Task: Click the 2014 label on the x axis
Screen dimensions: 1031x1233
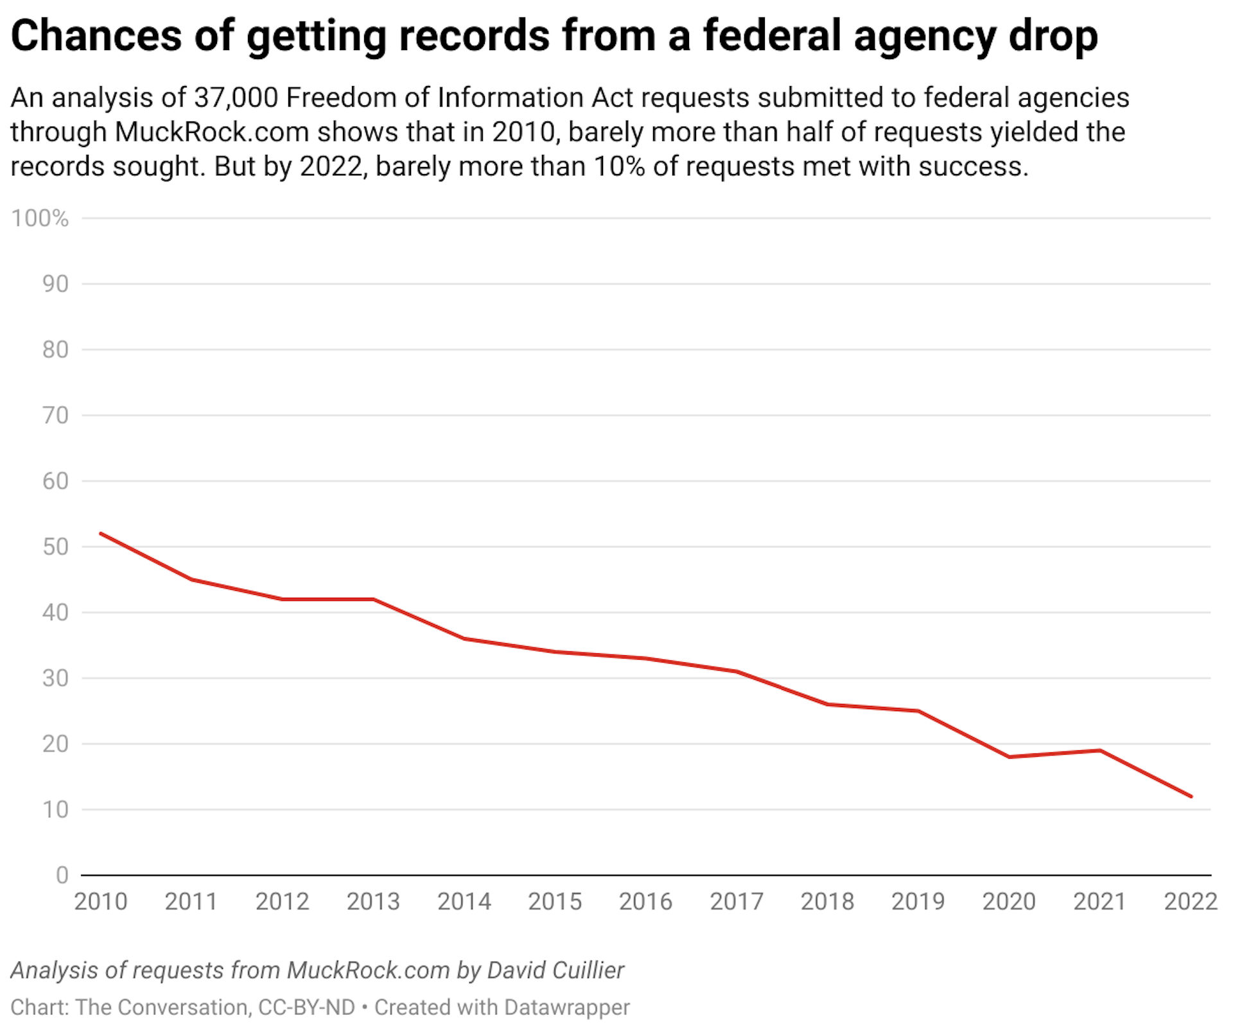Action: [x=464, y=902]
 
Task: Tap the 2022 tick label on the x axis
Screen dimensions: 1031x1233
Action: [x=1191, y=902]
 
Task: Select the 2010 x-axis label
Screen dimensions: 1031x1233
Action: [x=101, y=902]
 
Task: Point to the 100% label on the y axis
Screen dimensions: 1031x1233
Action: [x=40, y=218]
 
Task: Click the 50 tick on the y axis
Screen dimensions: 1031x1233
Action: [x=55, y=547]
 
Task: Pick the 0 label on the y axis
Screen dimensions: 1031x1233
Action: [x=62, y=875]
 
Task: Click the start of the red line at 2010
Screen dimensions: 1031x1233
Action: [x=101, y=533]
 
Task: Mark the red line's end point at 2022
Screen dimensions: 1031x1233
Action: [x=1191, y=797]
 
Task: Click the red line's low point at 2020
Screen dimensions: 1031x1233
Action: [x=1010, y=757]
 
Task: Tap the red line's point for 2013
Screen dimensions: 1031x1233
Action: [x=374, y=599]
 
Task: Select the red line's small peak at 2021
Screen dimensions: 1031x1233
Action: [x=1100, y=750]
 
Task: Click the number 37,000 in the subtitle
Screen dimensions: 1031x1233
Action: [x=236, y=98]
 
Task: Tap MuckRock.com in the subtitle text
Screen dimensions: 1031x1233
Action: [x=212, y=132]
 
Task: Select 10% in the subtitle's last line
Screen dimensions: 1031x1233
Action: [x=619, y=167]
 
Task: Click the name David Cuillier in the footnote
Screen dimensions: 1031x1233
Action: [x=555, y=970]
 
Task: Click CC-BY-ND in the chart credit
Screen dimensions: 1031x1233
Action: [x=306, y=1007]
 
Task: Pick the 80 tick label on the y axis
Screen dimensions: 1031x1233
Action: [x=55, y=349]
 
